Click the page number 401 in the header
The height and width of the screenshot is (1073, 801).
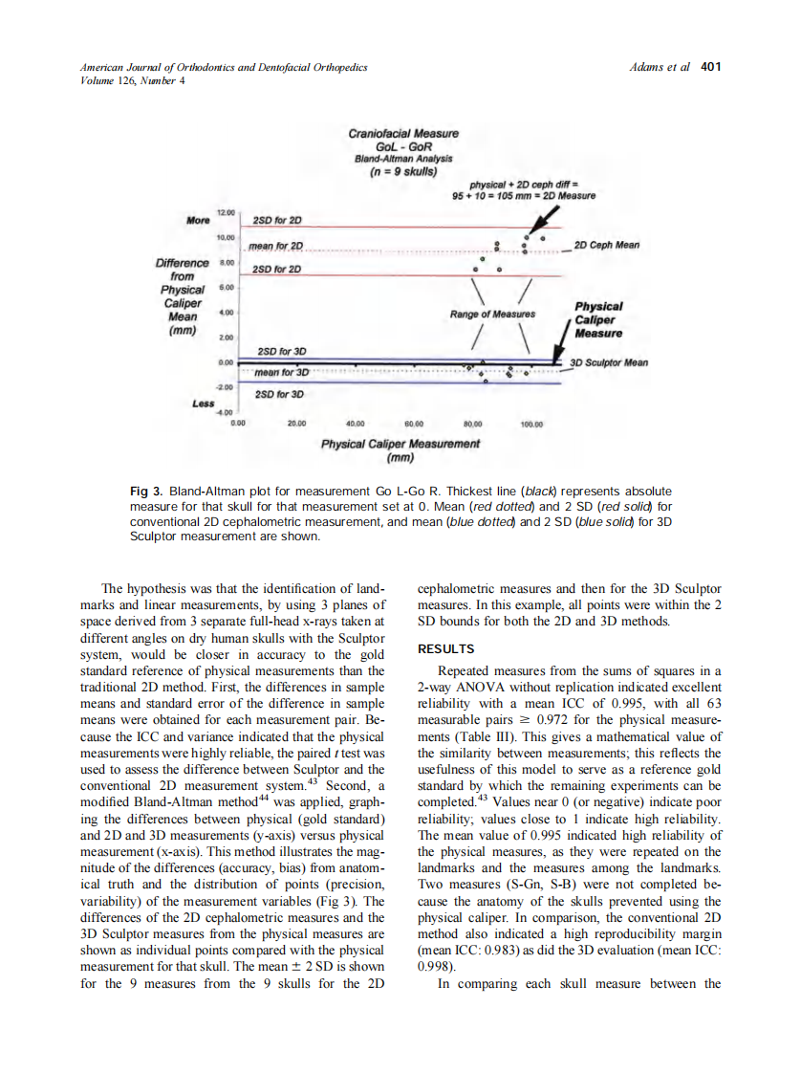coord(711,67)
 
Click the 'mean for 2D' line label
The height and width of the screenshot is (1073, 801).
coord(276,247)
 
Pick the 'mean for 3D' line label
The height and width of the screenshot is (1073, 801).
coord(281,372)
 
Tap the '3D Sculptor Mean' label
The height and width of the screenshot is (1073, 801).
coord(609,363)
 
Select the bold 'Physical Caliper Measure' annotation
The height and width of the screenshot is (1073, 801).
coord(598,319)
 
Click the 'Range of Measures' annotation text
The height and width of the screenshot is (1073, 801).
coord(493,313)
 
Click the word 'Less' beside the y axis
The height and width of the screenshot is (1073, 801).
coord(203,404)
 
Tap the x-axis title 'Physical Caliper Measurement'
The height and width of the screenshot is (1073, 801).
coord(400,444)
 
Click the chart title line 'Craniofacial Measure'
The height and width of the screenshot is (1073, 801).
coord(403,134)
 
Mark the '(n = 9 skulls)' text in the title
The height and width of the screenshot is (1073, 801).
coord(403,172)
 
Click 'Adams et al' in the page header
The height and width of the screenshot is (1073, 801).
coord(660,67)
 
